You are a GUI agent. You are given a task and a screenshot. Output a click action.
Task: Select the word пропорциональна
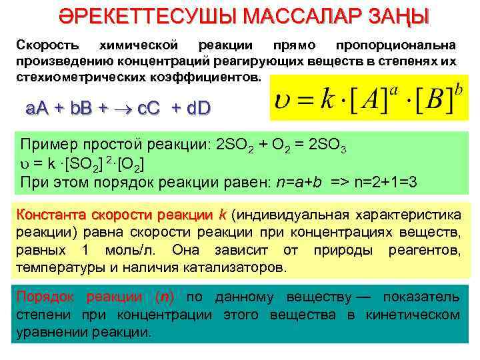[396, 46]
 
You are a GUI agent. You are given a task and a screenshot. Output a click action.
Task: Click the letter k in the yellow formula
[326, 101]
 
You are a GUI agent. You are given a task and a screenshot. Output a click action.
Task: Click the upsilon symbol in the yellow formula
[283, 103]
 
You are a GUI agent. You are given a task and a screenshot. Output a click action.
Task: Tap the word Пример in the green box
[45, 146]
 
